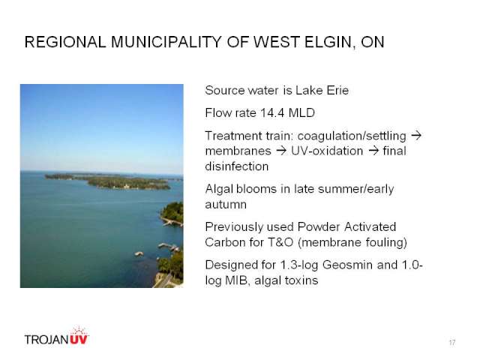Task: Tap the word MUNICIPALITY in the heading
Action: (166, 42)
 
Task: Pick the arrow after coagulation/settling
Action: (416, 135)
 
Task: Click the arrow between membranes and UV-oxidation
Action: (281, 151)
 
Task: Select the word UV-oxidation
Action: (327, 151)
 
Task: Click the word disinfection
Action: (237, 166)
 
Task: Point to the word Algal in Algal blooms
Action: (219, 189)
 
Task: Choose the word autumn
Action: (226, 205)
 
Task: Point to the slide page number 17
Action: (452, 342)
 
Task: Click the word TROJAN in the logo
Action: (46, 340)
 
